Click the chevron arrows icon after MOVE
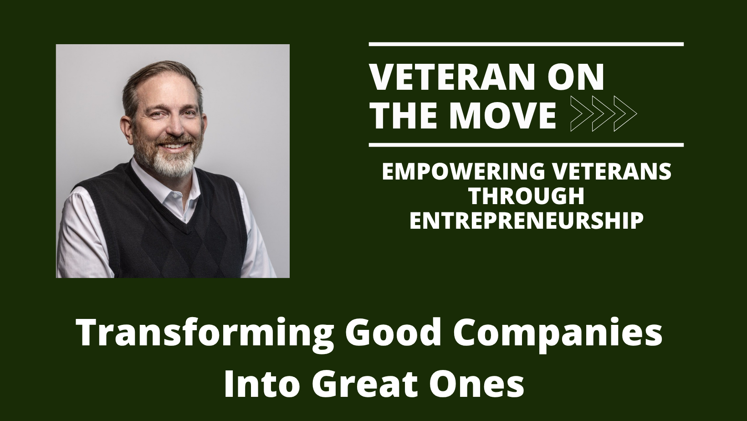(603, 114)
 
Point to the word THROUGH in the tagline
(527, 196)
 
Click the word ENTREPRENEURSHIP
(527, 221)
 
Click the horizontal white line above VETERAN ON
(526, 44)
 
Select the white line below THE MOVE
(526, 145)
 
